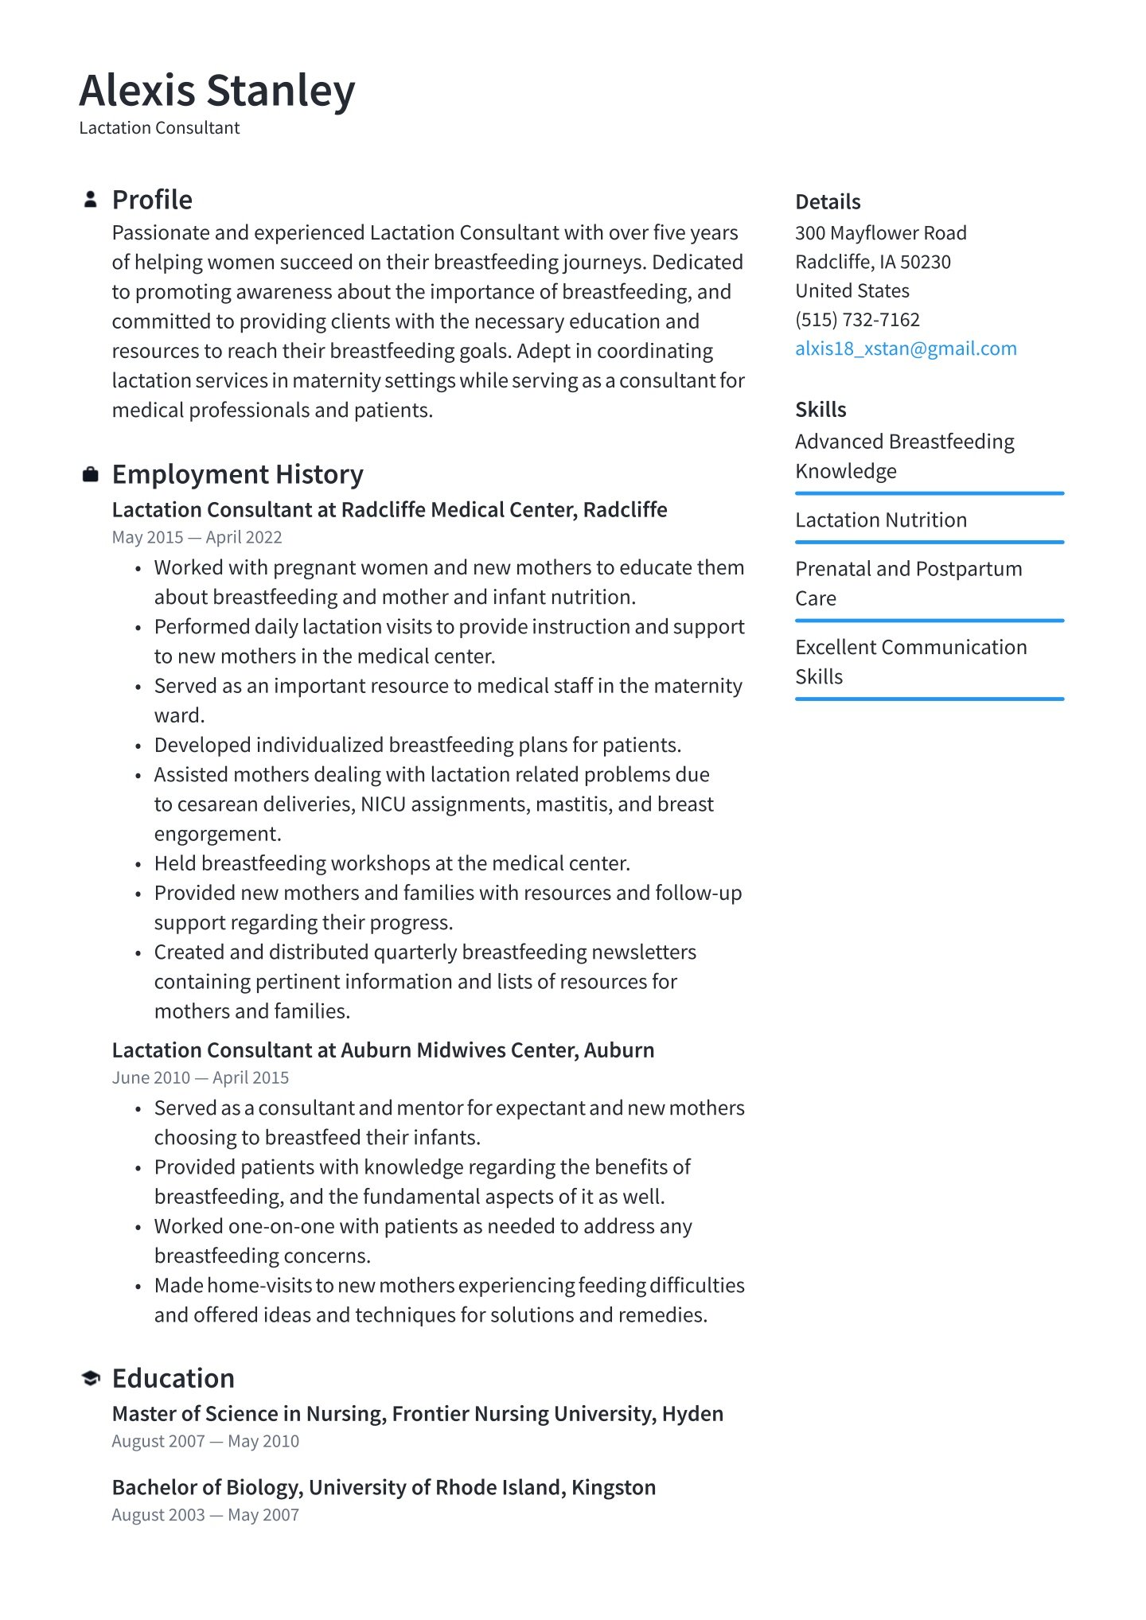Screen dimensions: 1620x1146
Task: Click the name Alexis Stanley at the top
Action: click(x=216, y=90)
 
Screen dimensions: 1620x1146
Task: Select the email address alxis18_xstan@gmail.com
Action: click(x=906, y=349)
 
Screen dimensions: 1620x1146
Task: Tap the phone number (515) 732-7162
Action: click(x=857, y=320)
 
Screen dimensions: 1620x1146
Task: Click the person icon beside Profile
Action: click(x=91, y=200)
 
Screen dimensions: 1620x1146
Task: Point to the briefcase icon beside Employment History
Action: click(x=91, y=475)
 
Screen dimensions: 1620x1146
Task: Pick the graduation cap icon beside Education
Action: click(x=91, y=1378)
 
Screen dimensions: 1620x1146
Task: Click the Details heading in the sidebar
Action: click(x=828, y=202)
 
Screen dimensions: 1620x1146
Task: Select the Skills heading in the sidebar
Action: click(x=821, y=410)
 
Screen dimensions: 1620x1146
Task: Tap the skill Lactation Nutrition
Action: click(x=881, y=520)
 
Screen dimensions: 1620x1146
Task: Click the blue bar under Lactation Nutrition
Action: click(x=929, y=543)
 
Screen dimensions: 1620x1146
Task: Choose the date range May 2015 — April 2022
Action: click(x=197, y=538)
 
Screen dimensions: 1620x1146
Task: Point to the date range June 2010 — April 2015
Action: click(x=200, y=1078)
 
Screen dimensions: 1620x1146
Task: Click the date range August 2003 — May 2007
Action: click(x=205, y=1515)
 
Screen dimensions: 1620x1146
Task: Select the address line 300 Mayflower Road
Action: click(x=880, y=233)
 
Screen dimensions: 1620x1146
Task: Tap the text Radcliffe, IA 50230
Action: click(x=872, y=262)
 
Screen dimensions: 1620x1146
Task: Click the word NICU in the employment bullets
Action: click(x=383, y=804)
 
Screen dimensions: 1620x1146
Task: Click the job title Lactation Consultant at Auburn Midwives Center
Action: click(x=383, y=1050)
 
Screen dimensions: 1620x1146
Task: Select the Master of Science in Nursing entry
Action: click(x=417, y=1414)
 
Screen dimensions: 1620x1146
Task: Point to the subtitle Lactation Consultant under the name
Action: click(x=159, y=128)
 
